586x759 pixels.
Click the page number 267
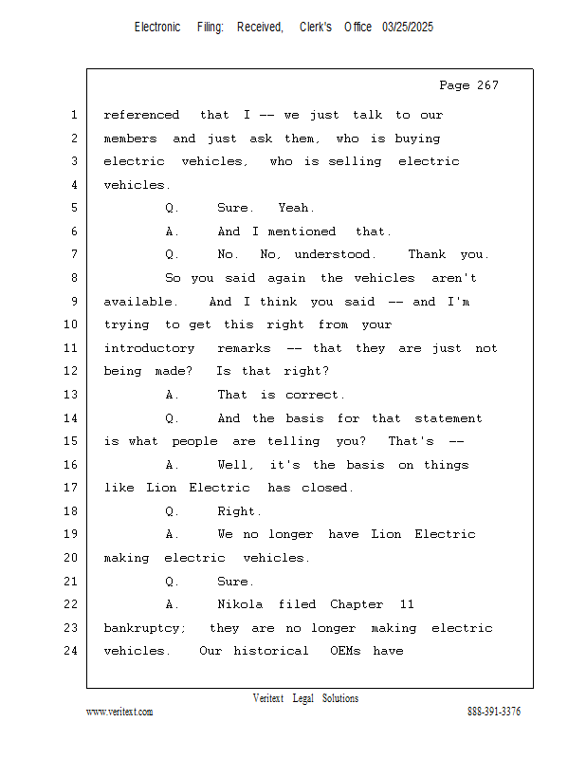487,85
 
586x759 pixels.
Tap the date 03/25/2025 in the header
408,28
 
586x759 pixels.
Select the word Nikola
240,604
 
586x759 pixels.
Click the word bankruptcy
145,628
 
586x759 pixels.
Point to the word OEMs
345,651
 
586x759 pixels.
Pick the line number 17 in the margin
71,488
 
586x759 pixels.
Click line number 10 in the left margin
71,324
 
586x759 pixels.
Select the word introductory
149,348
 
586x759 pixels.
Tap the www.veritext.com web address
119,712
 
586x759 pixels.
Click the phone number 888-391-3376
494,712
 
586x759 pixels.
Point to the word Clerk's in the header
316,28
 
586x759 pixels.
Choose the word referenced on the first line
141,115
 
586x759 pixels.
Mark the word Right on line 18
239,511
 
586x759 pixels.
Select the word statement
449,418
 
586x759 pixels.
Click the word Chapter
357,604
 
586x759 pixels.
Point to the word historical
271,651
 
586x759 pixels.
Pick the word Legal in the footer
302,698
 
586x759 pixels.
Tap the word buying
417,139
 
